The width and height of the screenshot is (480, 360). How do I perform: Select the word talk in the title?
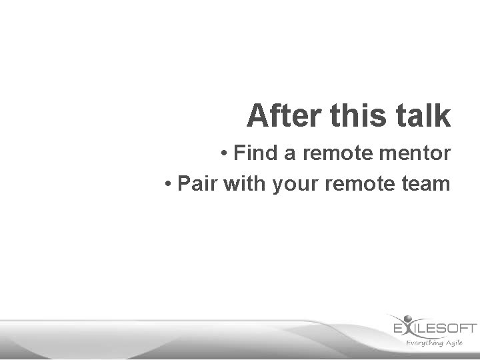tap(425, 115)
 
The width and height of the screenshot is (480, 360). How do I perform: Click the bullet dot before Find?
tap(226, 154)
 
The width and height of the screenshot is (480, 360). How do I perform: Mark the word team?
tap(427, 183)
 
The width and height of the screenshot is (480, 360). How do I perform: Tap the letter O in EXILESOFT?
tap(448, 328)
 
